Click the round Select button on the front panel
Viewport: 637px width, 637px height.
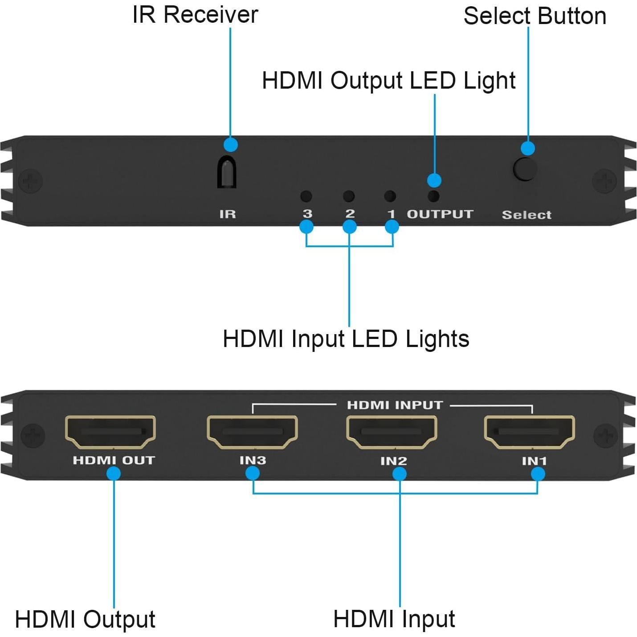(525, 169)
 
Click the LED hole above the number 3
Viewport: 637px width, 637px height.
(306, 196)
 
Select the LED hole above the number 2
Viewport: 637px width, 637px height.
(349, 196)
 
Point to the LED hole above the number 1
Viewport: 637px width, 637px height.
(390, 196)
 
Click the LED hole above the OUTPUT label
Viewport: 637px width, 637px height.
(433, 196)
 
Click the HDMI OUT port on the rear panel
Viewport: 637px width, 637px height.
(110, 432)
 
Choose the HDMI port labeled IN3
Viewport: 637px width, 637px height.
(252, 432)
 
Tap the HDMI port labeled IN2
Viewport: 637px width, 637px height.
(392, 432)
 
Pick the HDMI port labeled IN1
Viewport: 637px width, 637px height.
(529, 432)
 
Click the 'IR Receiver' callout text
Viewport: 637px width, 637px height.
(195, 15)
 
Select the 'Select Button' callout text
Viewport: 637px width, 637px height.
(535, 16)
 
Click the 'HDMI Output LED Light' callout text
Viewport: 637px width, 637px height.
(388, 81)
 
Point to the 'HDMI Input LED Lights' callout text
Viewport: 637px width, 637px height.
(346, 339)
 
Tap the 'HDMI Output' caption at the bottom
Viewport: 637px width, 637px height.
(85, 619)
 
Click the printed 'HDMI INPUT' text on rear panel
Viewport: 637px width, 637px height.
(395, 405)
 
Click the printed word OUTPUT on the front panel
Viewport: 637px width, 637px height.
(440, 214)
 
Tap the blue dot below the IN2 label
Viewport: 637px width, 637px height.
(400, 474)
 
